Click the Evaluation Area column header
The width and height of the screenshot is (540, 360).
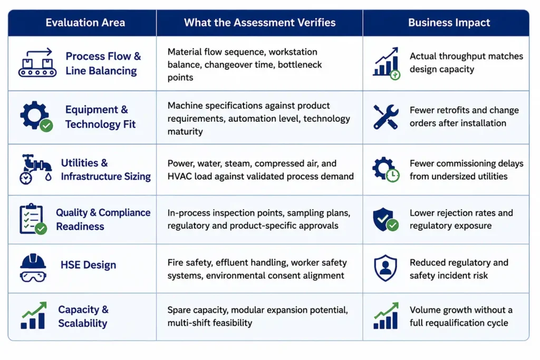(x=85, y=23)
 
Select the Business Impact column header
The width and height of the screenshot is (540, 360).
(x=449, y=23)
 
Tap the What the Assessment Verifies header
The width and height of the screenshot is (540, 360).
(x=259, y=23)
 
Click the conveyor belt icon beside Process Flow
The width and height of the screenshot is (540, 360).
(x=37, y=63)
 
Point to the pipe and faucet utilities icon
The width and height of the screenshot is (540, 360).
(x=35, y=169)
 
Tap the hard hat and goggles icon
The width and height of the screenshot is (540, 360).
(x=33, y=268)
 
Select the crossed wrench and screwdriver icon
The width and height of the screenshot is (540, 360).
(x=385, y=117)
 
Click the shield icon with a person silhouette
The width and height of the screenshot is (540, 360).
(x=385, y=268)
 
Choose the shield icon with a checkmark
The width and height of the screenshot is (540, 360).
(x=385, y=219)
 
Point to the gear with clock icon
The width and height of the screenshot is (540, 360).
(x=385, y=170)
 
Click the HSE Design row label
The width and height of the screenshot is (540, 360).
(x=88, y=265)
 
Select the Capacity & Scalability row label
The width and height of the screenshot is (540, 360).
(x=83, y=316)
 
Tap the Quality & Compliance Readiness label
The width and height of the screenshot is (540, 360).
(x=103, y=219)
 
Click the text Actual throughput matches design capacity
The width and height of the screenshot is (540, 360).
(x=466, y=63)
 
